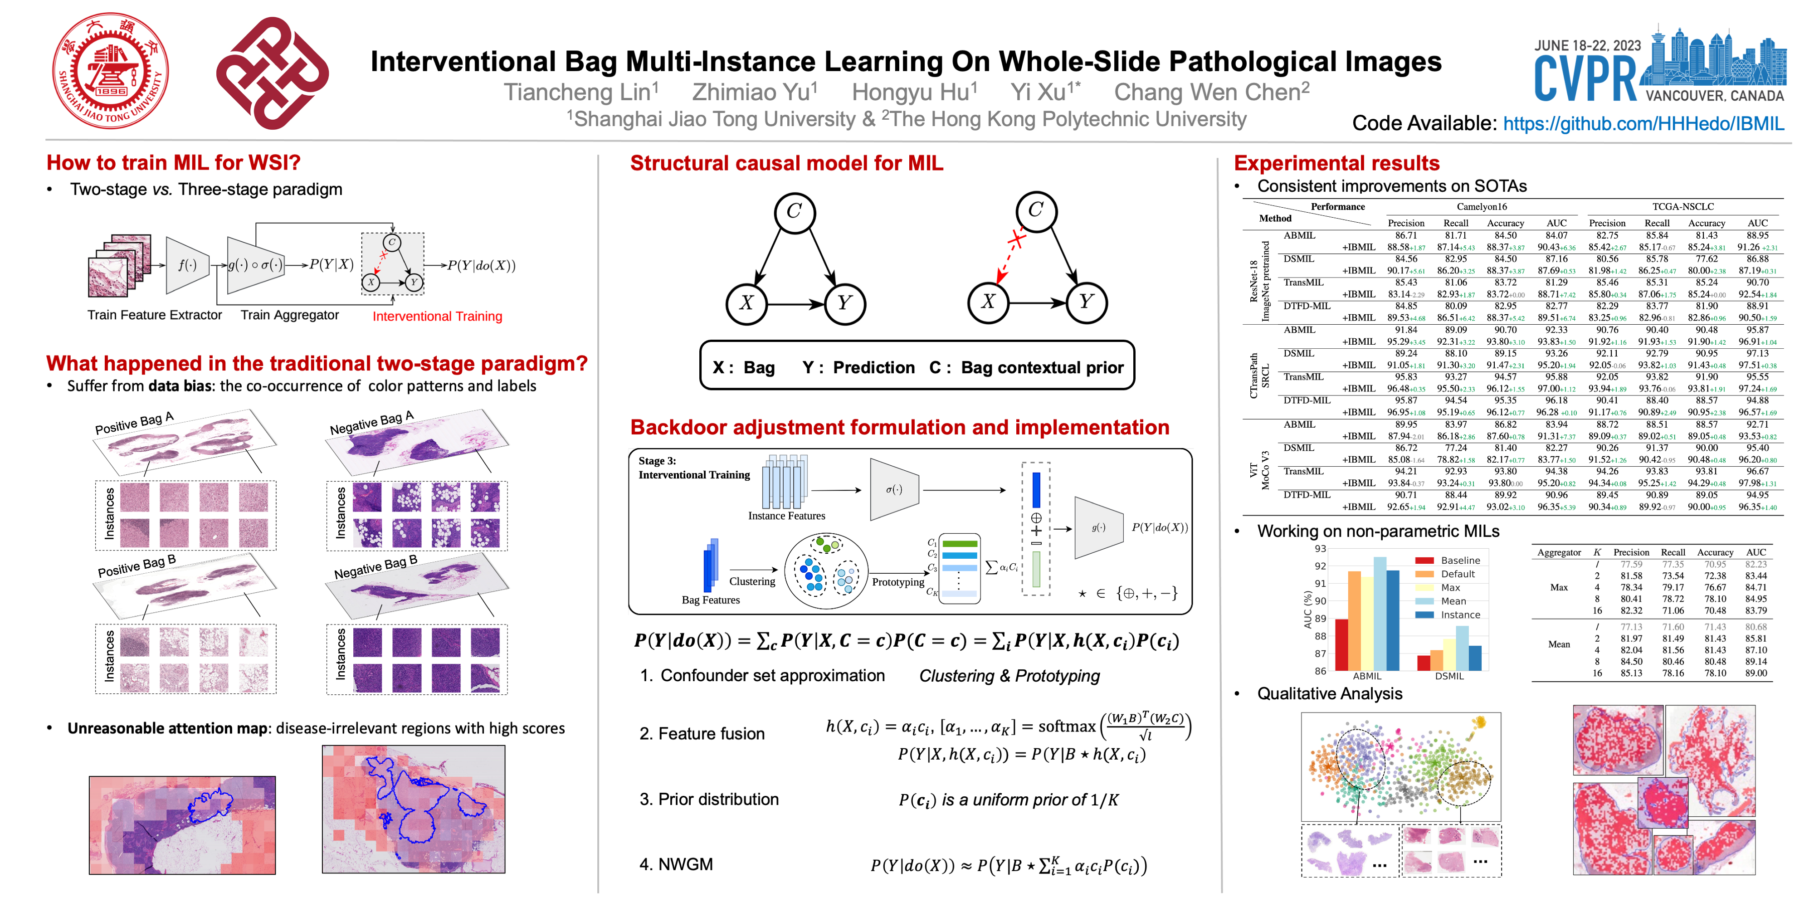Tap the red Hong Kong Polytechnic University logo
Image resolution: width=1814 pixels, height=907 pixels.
click(x=273, y=73)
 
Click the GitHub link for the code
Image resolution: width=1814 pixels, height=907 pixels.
click(x=1643, y=124)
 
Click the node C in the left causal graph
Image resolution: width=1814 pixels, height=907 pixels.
click(x=795, y=211)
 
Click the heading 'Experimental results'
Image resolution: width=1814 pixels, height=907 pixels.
click(x=1336, y=163)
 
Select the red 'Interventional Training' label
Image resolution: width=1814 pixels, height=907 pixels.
click(x=437, y=316)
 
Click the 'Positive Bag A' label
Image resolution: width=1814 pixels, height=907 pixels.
click(x=135, y=423)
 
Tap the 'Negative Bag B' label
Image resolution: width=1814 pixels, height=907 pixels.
click(x=375, y=567)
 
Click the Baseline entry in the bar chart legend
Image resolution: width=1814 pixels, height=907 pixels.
click(x=1460, y=561)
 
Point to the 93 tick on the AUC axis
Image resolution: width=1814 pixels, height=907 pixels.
click(x=1320, y=549)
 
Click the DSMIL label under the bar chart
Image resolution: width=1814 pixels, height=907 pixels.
click(x=1449, y=676)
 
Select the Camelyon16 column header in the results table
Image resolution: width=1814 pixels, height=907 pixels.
click(x=1482, y=206)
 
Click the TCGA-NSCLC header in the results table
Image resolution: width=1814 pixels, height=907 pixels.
click(x=1682, y=206)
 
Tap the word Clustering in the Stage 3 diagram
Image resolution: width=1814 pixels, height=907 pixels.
click(x=752, y=582)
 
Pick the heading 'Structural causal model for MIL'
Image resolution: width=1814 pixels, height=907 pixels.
click(x=786, y=163)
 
